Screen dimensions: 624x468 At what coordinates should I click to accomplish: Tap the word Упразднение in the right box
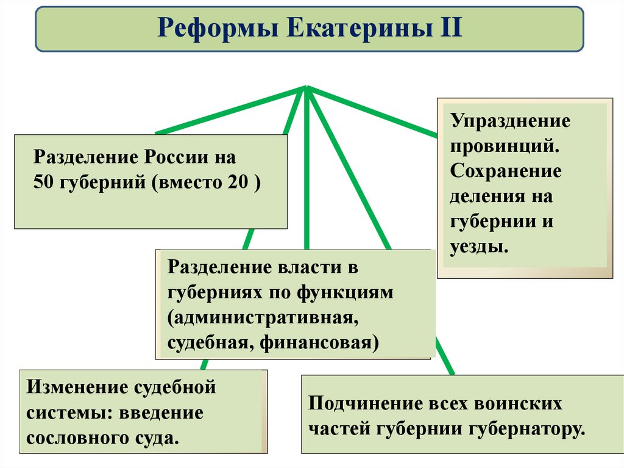tap(511, 120)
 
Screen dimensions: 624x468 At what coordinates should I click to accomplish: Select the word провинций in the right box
tap(502, 146)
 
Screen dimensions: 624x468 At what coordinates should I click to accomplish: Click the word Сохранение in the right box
tap(506, 171)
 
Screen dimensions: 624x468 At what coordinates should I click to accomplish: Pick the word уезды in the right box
tap(478, 247)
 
